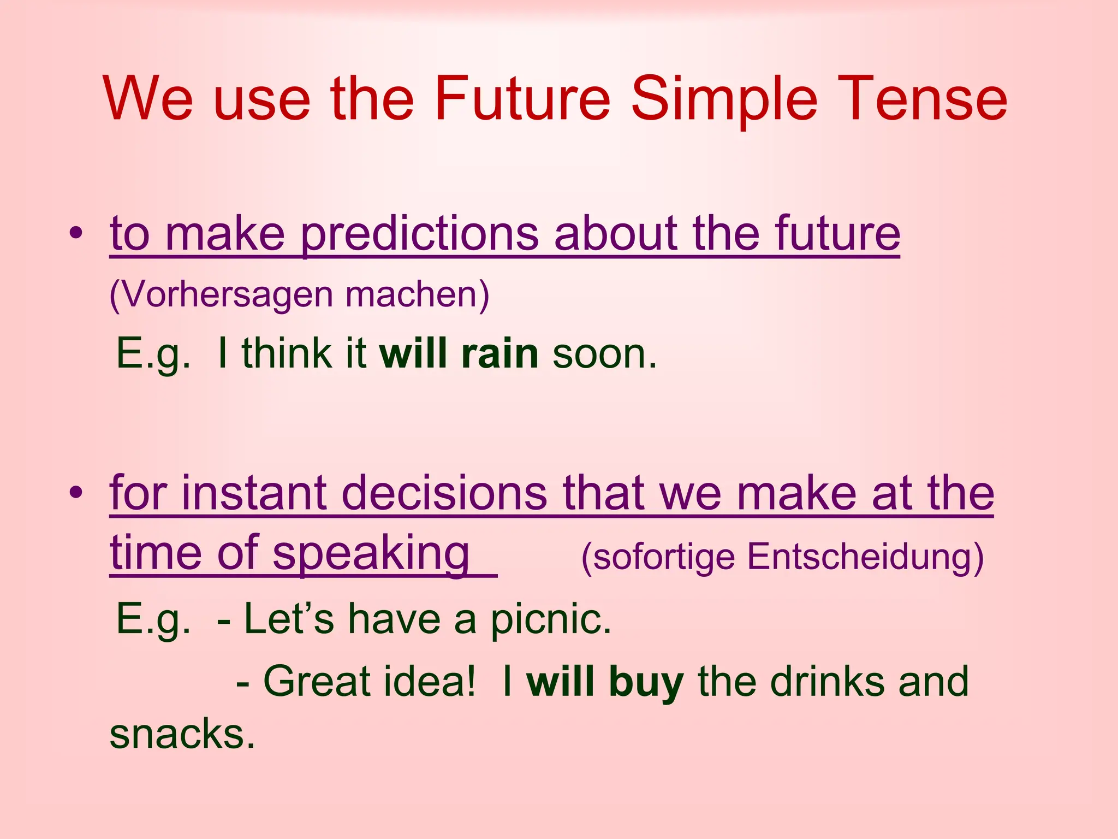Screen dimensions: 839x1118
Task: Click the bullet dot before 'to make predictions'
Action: pos(76,234)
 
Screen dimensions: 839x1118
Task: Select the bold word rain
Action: pos(499,353)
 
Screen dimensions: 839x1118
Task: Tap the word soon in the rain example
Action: pos(604,354)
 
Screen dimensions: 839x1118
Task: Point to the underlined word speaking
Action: pos(371,554)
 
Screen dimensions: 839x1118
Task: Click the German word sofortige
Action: pos(657,557)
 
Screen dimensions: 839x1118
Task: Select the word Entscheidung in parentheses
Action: pos(865,557)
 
